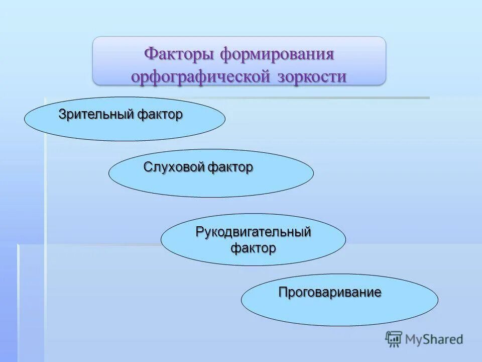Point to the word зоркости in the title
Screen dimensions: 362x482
click(311, 76)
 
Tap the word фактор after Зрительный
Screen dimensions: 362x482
click(159, 114)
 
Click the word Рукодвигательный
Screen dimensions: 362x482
click(253, 232)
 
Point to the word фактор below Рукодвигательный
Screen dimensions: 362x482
click(253, 247)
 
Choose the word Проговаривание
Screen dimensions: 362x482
click(330, 292)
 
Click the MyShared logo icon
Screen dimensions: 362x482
click(394, 339)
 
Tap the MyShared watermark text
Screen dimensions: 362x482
click(434, 339)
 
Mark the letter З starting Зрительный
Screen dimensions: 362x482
click(62, 114)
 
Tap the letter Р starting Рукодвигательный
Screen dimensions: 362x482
click(199, 232)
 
